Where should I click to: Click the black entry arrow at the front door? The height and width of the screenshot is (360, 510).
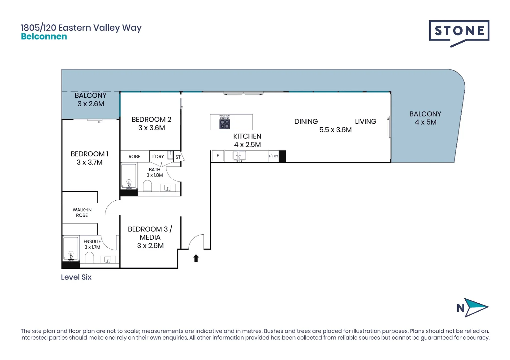pyautogui.click(x=196, y=258)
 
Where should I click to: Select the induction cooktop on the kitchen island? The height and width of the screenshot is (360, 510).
pyautogui.click(x=224, y=124)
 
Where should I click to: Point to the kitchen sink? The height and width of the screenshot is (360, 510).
pyautogui.click(x=239, y=156)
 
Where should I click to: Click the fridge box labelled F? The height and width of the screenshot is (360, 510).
pyautogui.click(x=218, y=156)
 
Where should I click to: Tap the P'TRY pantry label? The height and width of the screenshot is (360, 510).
pyautogui.click(x=274, y=156)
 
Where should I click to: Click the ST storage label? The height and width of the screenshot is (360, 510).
pyautogui.click(x=178, y=157)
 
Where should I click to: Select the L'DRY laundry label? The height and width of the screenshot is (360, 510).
pyautogui.click(x=158, y=156)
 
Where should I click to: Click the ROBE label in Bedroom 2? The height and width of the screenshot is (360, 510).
pyautogui.click(x=134, y=156)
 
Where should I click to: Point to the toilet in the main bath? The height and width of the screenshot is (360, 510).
pyautogui.click(x=147, y=186)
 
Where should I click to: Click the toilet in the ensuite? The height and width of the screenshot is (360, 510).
pyautogui.click(x=89, y=257)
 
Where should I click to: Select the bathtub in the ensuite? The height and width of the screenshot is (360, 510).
pyautogui.click(x=71, y=249)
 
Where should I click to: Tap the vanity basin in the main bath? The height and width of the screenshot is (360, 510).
pyautogui.click(x=167, y=188)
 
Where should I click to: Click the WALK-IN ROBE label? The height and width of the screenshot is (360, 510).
pyautogui.click(x=82, y=212)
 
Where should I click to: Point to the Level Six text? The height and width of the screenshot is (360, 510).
pyautogui.click(x=76, y=277)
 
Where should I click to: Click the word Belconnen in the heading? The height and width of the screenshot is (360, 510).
pyautogui.click(x=44, y=37)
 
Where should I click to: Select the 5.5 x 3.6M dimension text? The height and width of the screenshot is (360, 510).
pyautogui.click(x=335, y=130)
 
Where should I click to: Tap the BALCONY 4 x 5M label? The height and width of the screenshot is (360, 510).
pyautogui.click(x=425, y=118)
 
